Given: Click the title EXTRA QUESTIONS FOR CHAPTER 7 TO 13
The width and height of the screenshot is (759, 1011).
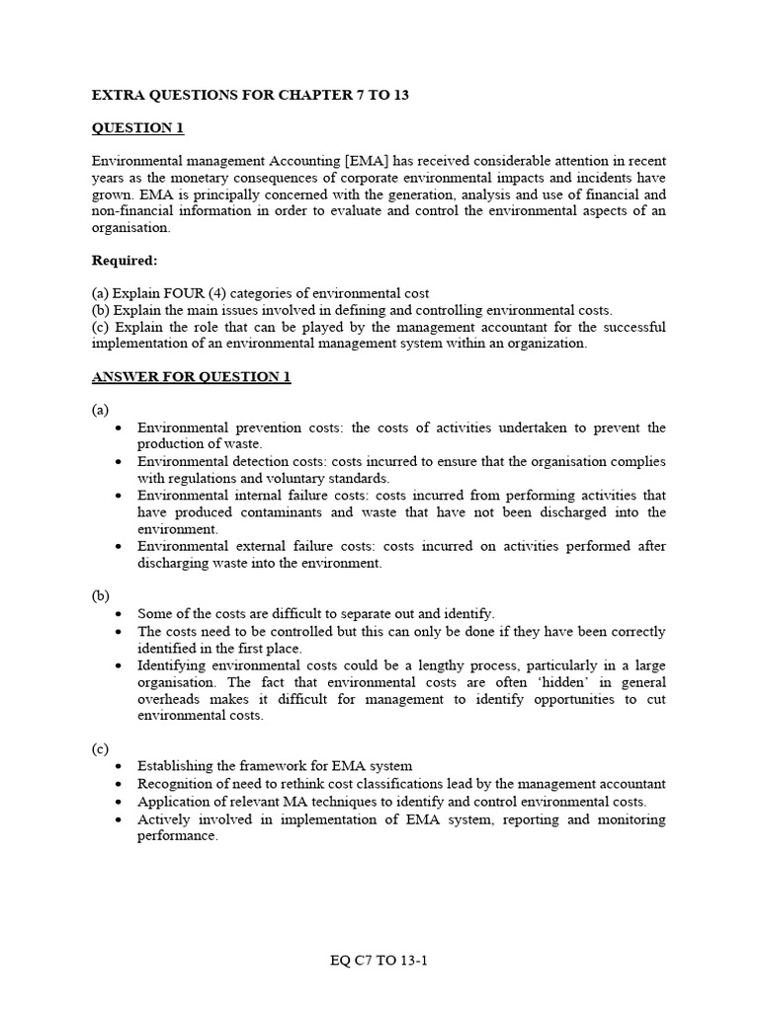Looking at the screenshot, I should pos(250,95).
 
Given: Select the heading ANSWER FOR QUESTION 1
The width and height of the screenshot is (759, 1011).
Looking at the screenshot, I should pos(191,377).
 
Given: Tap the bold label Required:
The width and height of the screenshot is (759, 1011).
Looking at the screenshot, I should pos(126,261).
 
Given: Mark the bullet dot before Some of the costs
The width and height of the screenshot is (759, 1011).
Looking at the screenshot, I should pos(119,614).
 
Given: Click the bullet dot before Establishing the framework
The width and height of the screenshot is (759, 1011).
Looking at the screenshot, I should pos(119,766).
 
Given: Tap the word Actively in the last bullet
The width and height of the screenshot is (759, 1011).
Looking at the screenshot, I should pos(164,819).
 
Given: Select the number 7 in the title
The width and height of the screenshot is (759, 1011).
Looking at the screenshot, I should pos(352,95).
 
